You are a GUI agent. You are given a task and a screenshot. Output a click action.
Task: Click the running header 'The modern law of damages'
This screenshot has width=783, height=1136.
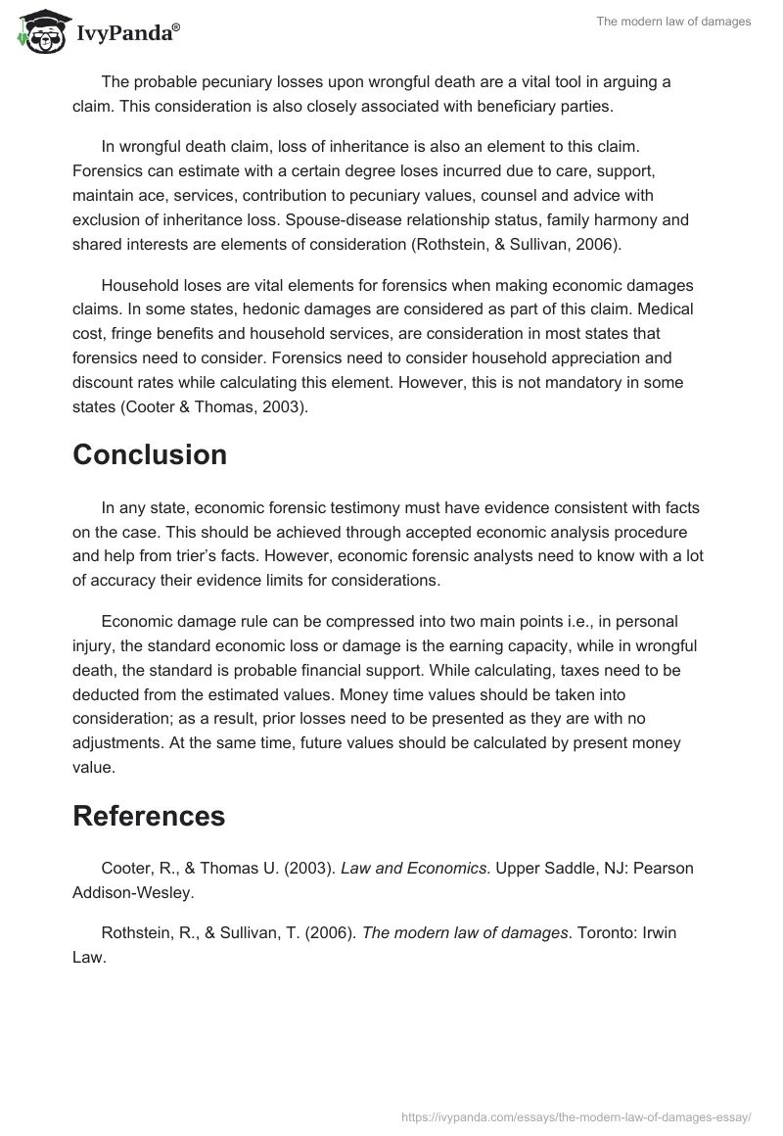[x=673, y=22]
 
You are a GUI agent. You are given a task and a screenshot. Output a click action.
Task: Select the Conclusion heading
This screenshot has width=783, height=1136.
[x=150, y=454]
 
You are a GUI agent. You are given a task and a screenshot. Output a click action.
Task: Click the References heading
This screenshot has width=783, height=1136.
[x=149, y=815]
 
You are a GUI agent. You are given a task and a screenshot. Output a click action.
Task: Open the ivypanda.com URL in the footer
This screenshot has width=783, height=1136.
[x=576, y=1115]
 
